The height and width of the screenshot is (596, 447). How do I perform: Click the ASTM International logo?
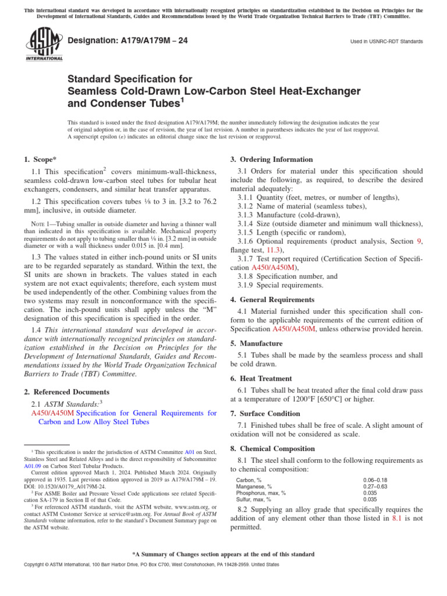[44, 45]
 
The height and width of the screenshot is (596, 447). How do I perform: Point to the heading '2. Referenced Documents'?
[66, 392]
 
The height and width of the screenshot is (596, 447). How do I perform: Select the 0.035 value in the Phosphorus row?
[370, 493]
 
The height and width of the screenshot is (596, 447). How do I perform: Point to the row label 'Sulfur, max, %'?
[253, 499]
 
